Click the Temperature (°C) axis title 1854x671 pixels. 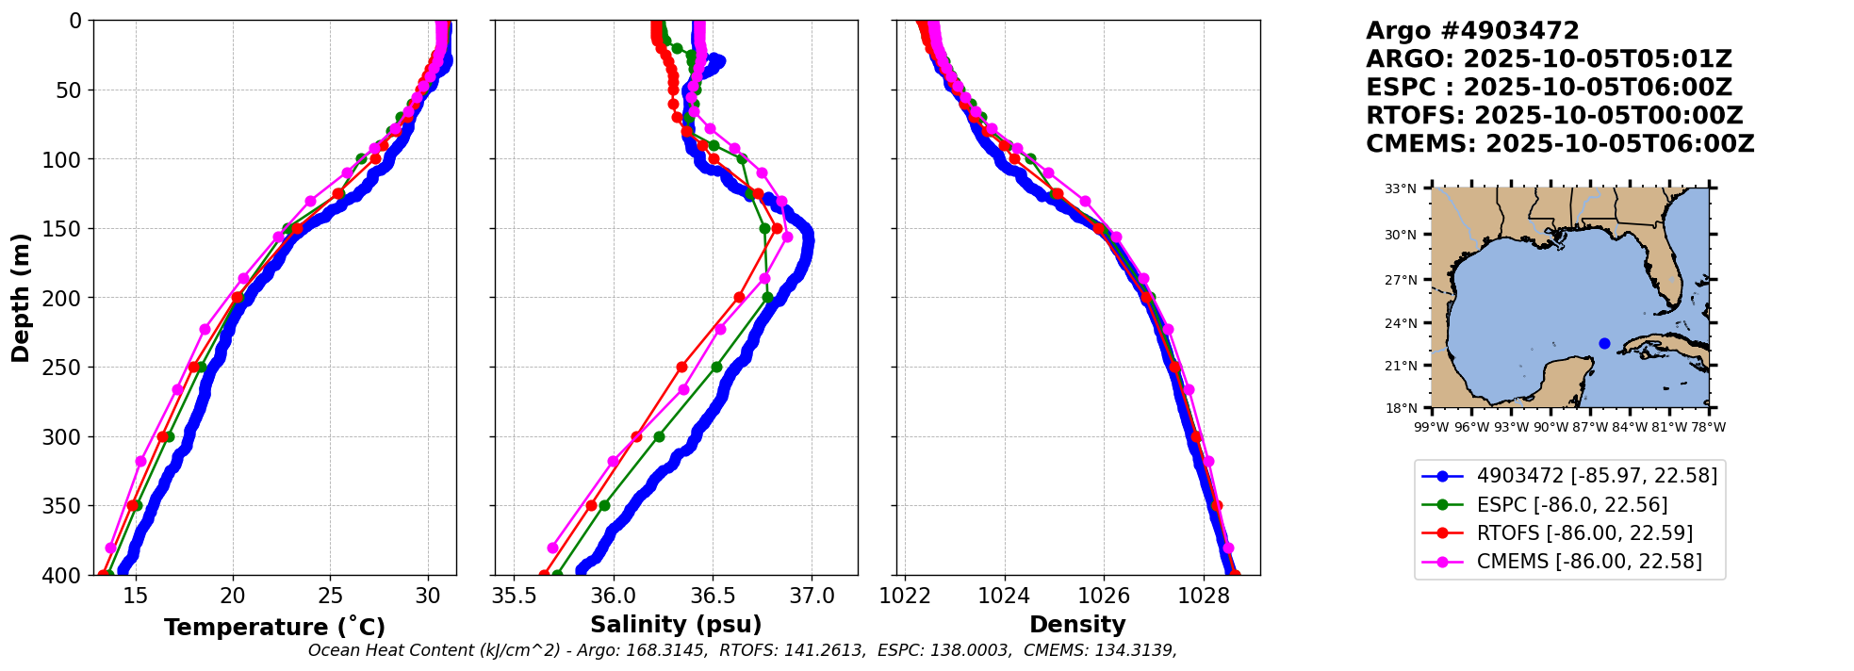click(x=274, y=628)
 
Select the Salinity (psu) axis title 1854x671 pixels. click(x=676, y=625)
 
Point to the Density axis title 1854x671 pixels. click(x=1077, y=625)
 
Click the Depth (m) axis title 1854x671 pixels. click(x=21, y=298)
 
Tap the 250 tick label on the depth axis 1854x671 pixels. click(x=65, y=368)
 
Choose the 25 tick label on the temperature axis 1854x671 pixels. click(x=330, y=597)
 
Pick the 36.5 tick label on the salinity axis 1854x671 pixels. click(x=713, y=597)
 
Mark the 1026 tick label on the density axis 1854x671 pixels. click(x=1104, y=597)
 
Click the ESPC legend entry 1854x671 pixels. click(x=1571, y=505)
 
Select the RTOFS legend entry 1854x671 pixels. click(x=1583, y=533)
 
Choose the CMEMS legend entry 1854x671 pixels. click(x=1588, y=562)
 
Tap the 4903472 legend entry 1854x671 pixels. click(x=1596, y=476)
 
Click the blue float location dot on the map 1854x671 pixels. click(x=1604, y=343)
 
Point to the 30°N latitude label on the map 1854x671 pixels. click(x=1400, y=235)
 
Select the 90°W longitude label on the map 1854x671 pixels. click(x=1550, y=427)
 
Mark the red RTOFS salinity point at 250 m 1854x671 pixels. click(x=681, y=367)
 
